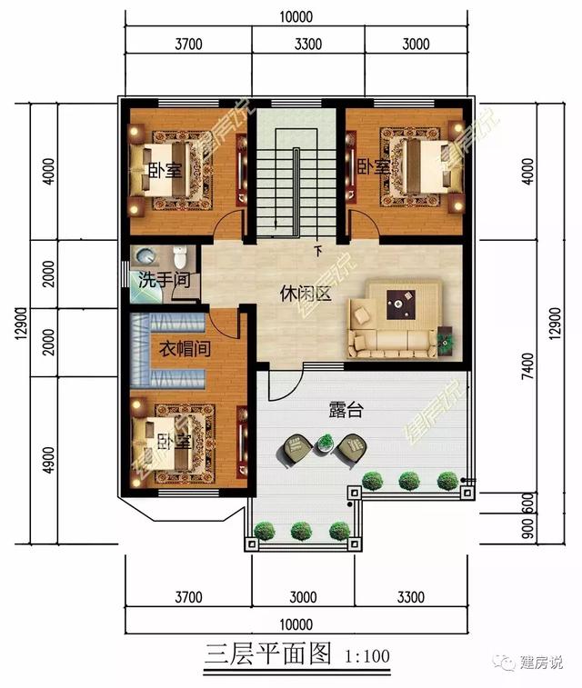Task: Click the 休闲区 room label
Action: click(306, 294)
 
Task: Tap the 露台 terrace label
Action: click(346, 410)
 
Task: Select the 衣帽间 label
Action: click(185, 349)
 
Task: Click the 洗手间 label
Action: click(165, 280)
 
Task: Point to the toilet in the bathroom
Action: click(180, 257)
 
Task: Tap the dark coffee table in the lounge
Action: click(401, 304)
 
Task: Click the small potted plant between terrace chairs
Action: click(326, 442)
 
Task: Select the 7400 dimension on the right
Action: click(528, 366)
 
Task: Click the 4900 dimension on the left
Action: click(50, 460)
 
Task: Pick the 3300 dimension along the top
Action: click(308, 44)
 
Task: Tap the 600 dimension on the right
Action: click(528, 504)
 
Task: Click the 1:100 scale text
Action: click(367, 656)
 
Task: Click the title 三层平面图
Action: click(267, 654)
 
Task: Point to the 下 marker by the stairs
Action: click(318, 251)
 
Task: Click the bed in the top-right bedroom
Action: click(426, 166)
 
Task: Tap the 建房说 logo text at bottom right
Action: click(541, 663)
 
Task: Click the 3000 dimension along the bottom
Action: click(303, 597)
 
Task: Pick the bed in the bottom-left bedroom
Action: click(162, 445)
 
